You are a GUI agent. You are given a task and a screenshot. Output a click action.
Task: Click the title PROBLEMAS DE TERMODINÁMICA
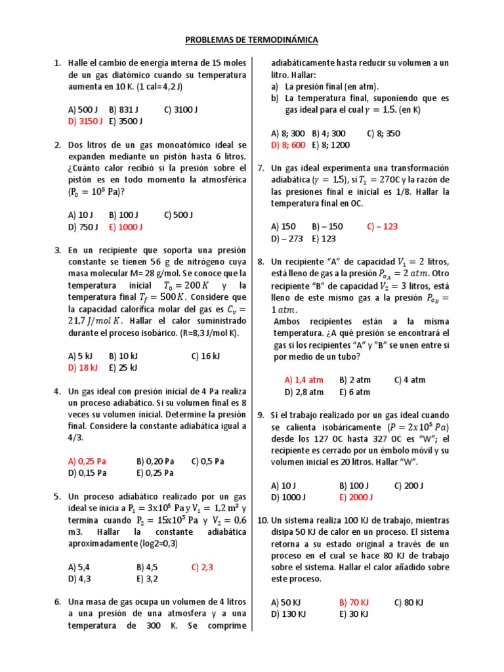[252, 40]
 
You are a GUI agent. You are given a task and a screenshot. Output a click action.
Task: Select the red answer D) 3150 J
[85, 121]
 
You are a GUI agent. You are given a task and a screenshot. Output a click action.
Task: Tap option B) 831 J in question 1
[124, 110]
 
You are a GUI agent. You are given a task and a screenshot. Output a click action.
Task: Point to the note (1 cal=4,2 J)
[156, 86]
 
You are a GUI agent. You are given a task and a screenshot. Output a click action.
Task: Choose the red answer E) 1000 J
[126, 226]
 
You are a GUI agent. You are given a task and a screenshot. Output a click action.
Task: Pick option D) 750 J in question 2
[83, 226]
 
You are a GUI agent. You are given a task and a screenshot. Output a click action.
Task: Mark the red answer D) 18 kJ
[83, 367]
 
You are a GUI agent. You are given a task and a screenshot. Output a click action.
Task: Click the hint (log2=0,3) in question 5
[154, 543]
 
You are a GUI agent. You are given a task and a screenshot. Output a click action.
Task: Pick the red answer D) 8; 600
[288, 144]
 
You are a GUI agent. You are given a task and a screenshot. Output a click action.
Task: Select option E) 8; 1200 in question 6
[331, 144]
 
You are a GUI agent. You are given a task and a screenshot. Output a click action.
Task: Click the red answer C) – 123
[383, 226]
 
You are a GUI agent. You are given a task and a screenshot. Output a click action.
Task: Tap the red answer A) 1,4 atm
[304, 379]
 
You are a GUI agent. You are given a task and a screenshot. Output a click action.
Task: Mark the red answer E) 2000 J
[356, 497]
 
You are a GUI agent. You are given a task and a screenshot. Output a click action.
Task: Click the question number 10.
[262, 520]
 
